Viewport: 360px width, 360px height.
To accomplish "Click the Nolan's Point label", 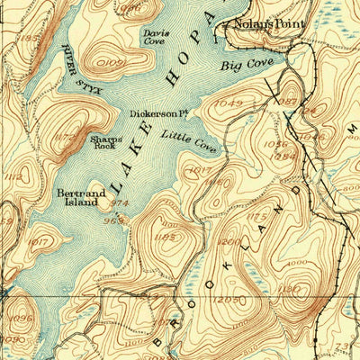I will coord(269,25).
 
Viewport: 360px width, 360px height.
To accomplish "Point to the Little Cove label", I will coord(189,140).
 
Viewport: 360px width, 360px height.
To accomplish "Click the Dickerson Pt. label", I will coord(157,114).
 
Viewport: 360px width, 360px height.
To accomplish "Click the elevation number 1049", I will coord(229,104).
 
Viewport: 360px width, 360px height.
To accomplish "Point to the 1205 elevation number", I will coord(230,298).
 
